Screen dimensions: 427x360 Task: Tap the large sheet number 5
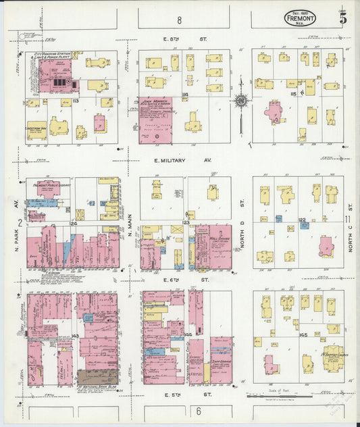[x=343, y=18]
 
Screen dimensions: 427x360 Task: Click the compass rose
[x=240, y=102]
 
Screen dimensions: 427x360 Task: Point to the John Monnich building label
[x=155, y=103]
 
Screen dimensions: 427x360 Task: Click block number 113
[x=76, y=100]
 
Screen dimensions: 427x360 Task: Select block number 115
[x=292, y=92]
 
